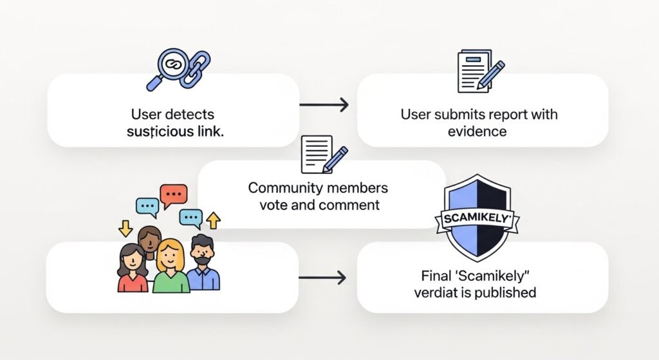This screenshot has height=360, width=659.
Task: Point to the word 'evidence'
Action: point(478,131)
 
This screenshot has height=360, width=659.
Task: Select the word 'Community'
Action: point(284,188)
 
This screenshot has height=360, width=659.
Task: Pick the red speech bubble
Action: point(173,194)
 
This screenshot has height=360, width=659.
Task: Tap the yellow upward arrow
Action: point(213,221)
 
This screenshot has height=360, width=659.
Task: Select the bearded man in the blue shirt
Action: point(203,264)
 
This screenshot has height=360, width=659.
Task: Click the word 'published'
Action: point(503,293)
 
